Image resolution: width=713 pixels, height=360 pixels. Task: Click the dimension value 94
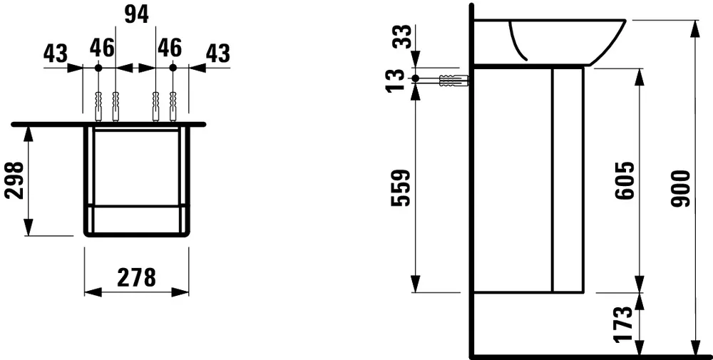136,15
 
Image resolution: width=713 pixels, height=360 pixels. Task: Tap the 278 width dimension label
136,277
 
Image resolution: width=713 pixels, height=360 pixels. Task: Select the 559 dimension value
401,188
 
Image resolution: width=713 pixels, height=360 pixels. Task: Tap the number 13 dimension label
396,81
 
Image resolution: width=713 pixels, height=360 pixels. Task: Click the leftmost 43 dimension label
56,53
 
